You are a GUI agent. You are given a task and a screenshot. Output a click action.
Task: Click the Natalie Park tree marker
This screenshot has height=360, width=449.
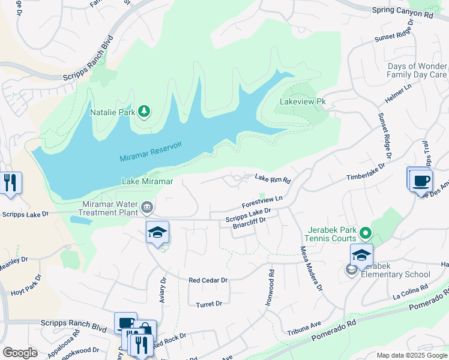[143, 111]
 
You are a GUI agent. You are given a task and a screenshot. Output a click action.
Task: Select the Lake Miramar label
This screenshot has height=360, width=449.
[147, 181]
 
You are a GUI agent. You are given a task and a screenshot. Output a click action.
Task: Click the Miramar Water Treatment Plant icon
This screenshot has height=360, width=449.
[146, 208]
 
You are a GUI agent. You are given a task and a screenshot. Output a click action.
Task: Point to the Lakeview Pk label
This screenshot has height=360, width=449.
[303, 101]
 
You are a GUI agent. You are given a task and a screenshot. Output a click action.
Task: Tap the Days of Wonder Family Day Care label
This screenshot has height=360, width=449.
[417, 70]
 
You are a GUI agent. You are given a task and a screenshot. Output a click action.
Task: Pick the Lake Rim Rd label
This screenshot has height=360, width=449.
[273, 178]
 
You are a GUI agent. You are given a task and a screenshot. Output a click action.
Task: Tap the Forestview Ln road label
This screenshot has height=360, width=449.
[262, 201]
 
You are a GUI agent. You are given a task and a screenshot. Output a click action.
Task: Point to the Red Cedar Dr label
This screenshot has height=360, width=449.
[208, 280]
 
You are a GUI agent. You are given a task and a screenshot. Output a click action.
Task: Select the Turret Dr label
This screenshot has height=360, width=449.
[209, 304]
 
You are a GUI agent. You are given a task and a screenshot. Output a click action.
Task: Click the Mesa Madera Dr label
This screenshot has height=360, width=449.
[310, 266]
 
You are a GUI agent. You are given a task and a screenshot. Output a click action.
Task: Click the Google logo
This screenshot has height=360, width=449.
[20, 353]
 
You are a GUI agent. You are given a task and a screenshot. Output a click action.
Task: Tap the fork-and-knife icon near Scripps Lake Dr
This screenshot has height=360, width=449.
[10, 182]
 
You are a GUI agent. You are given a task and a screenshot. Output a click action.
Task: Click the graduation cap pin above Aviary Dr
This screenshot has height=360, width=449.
[158, 232]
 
